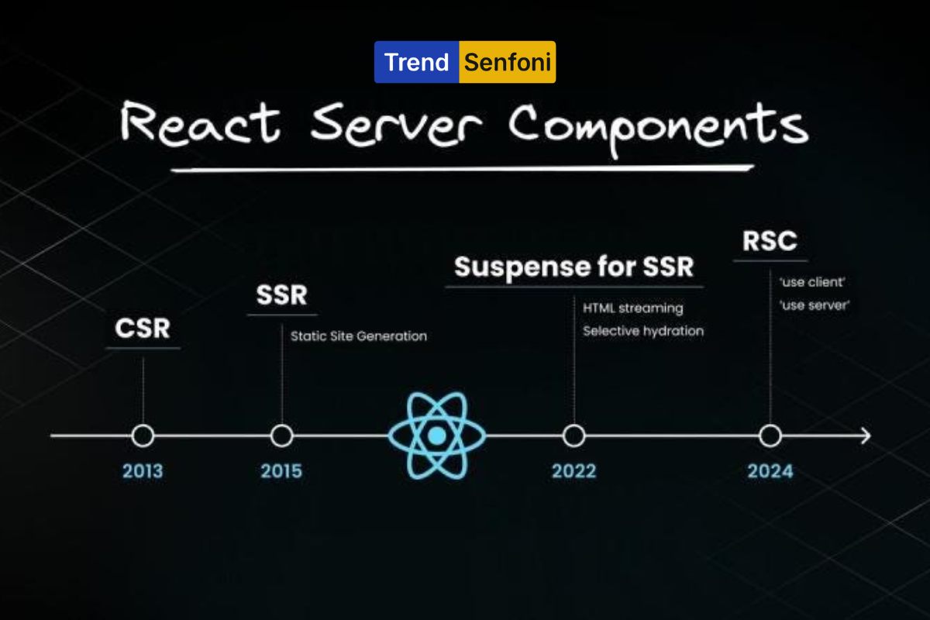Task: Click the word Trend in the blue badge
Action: click(416, 62)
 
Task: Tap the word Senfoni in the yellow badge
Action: click(508, 62)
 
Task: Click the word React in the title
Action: click(200, 123)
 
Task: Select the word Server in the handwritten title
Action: click(396, 125)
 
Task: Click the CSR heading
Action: click(143, 328)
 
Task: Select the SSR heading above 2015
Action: click(282, 294)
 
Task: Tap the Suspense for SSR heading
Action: click(573, 267)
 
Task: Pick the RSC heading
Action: click(770, 241)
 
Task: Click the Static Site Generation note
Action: click(359, 336)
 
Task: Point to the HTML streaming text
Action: click(632, 308)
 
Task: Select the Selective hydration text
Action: click(643, 331)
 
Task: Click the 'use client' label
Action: click(812, 282)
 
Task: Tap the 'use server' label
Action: click(815, 305)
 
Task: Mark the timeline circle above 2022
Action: click(573, 425)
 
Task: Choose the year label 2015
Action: click(281, 471)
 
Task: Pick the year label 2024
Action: click(770, 471)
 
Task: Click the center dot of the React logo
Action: click(437, 436)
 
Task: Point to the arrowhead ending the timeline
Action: click(870, 436)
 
